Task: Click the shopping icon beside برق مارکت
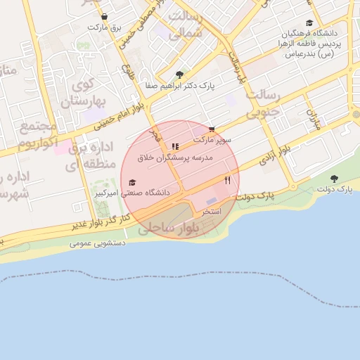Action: (104, 16)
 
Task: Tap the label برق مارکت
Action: (104, 27)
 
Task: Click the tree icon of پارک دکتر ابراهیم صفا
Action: (179, 75)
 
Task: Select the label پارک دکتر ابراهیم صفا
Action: (179, 85)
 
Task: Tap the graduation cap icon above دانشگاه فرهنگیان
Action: (309, 22)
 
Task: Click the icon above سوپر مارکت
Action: (212, 129)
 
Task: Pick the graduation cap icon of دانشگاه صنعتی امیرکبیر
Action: (132, 182)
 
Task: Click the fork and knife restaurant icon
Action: (227, 180)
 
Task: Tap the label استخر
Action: (212, 211)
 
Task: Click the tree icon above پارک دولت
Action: (334, 179)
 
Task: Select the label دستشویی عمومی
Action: (98, 243)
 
